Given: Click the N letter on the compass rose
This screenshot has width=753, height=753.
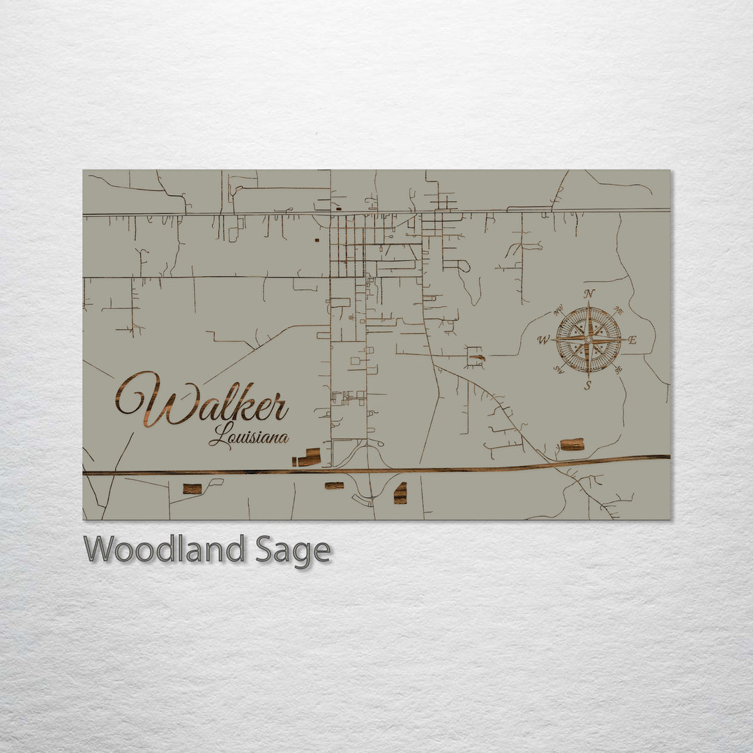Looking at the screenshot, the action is tap(589, 294).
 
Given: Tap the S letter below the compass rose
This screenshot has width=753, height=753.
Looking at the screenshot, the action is tap(588, 385).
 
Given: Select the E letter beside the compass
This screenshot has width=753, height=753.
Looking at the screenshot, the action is tap(632, 340).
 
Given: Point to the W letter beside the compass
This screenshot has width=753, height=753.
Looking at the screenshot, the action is tap(544, 340).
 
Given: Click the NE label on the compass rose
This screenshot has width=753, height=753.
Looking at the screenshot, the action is tap(618, 310).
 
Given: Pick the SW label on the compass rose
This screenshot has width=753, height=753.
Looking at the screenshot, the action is tap(558, 370).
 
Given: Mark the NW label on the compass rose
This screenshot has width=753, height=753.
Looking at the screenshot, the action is tap(558, 310).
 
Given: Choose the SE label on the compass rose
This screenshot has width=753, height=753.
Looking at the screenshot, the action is tap(618, 370).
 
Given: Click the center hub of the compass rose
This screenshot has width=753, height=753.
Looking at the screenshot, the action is tap(588, 340).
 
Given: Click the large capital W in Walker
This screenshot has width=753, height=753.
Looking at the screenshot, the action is tap(150, 399).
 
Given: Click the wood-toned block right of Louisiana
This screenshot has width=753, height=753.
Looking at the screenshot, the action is tap(307, 458).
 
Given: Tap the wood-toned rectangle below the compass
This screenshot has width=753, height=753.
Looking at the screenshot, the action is tap(572, 444).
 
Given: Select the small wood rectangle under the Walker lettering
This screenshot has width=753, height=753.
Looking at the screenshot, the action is tap(192, 489).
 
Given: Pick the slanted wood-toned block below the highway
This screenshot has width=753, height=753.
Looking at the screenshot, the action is tap(400, 493).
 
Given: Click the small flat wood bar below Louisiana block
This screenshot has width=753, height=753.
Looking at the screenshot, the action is tap(334, 485).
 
